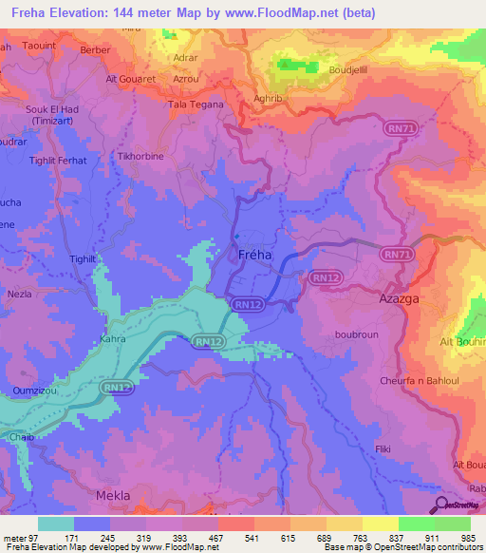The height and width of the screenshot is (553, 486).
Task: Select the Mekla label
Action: pos(113,496)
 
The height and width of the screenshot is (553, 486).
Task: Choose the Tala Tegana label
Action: pos(196,105)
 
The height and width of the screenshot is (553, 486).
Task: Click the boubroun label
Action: pos(356,334)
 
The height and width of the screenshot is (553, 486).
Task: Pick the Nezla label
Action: pos(20,295)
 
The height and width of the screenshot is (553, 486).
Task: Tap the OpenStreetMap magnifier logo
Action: pos(441,504)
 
